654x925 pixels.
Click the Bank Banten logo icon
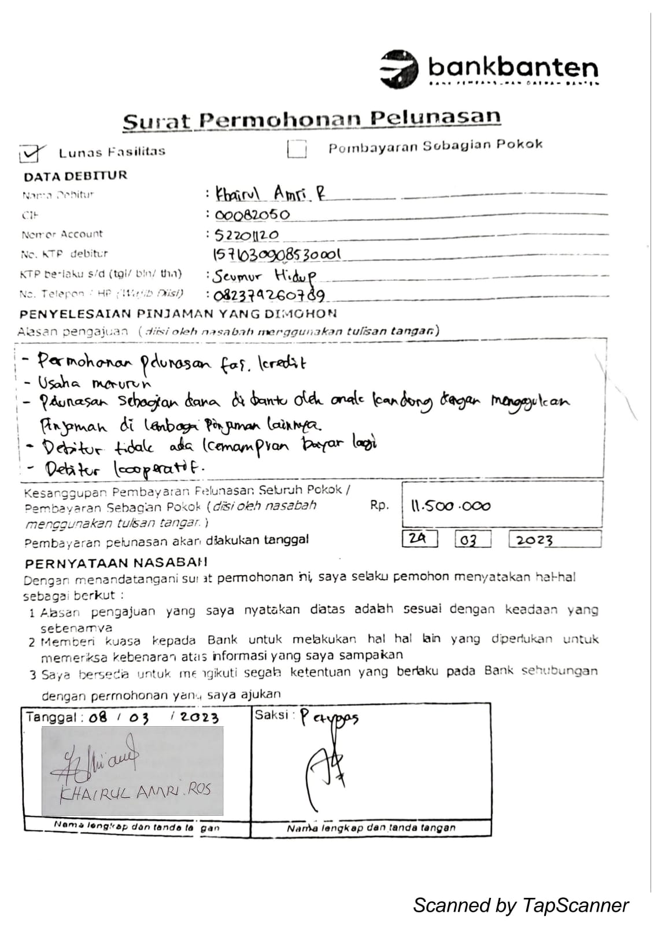pyautogui.click(x=398, y=69)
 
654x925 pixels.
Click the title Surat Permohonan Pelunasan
pyautogui.click(x=312, y=120)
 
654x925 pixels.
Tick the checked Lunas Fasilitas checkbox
pyautogui.click(x=31, y=153)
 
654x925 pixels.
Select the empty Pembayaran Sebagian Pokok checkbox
pyautogui.click(x=297, y=149)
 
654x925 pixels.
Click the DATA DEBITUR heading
pyautogui.click(x=75, y=176)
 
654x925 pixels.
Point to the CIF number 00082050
pyautogui.click(x=252, y=215)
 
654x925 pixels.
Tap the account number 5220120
pyautogui.click(x=247, y=235)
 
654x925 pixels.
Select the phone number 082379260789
pyautogui.click(x=269, y=295)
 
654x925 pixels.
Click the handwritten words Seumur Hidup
pyautogui.click(x=264, y=275)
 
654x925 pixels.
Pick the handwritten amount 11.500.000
pyautogui.click(x=450, y=506)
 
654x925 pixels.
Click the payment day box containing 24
pyautogui.click(x=419, y=539)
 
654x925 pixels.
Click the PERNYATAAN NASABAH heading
pyautogui.click(x=116, y=563)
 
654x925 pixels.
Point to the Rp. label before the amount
pyautogui.click(x=379, y=505)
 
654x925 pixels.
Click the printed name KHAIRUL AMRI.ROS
pyautogui.click(x=136, y=791)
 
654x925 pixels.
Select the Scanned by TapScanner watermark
pyautogui.click(x=520, y=905)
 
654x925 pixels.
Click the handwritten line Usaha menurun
pyautogui.click(x=95, y=383)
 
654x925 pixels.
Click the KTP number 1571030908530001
pyautogui.click(x=277, y=254)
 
